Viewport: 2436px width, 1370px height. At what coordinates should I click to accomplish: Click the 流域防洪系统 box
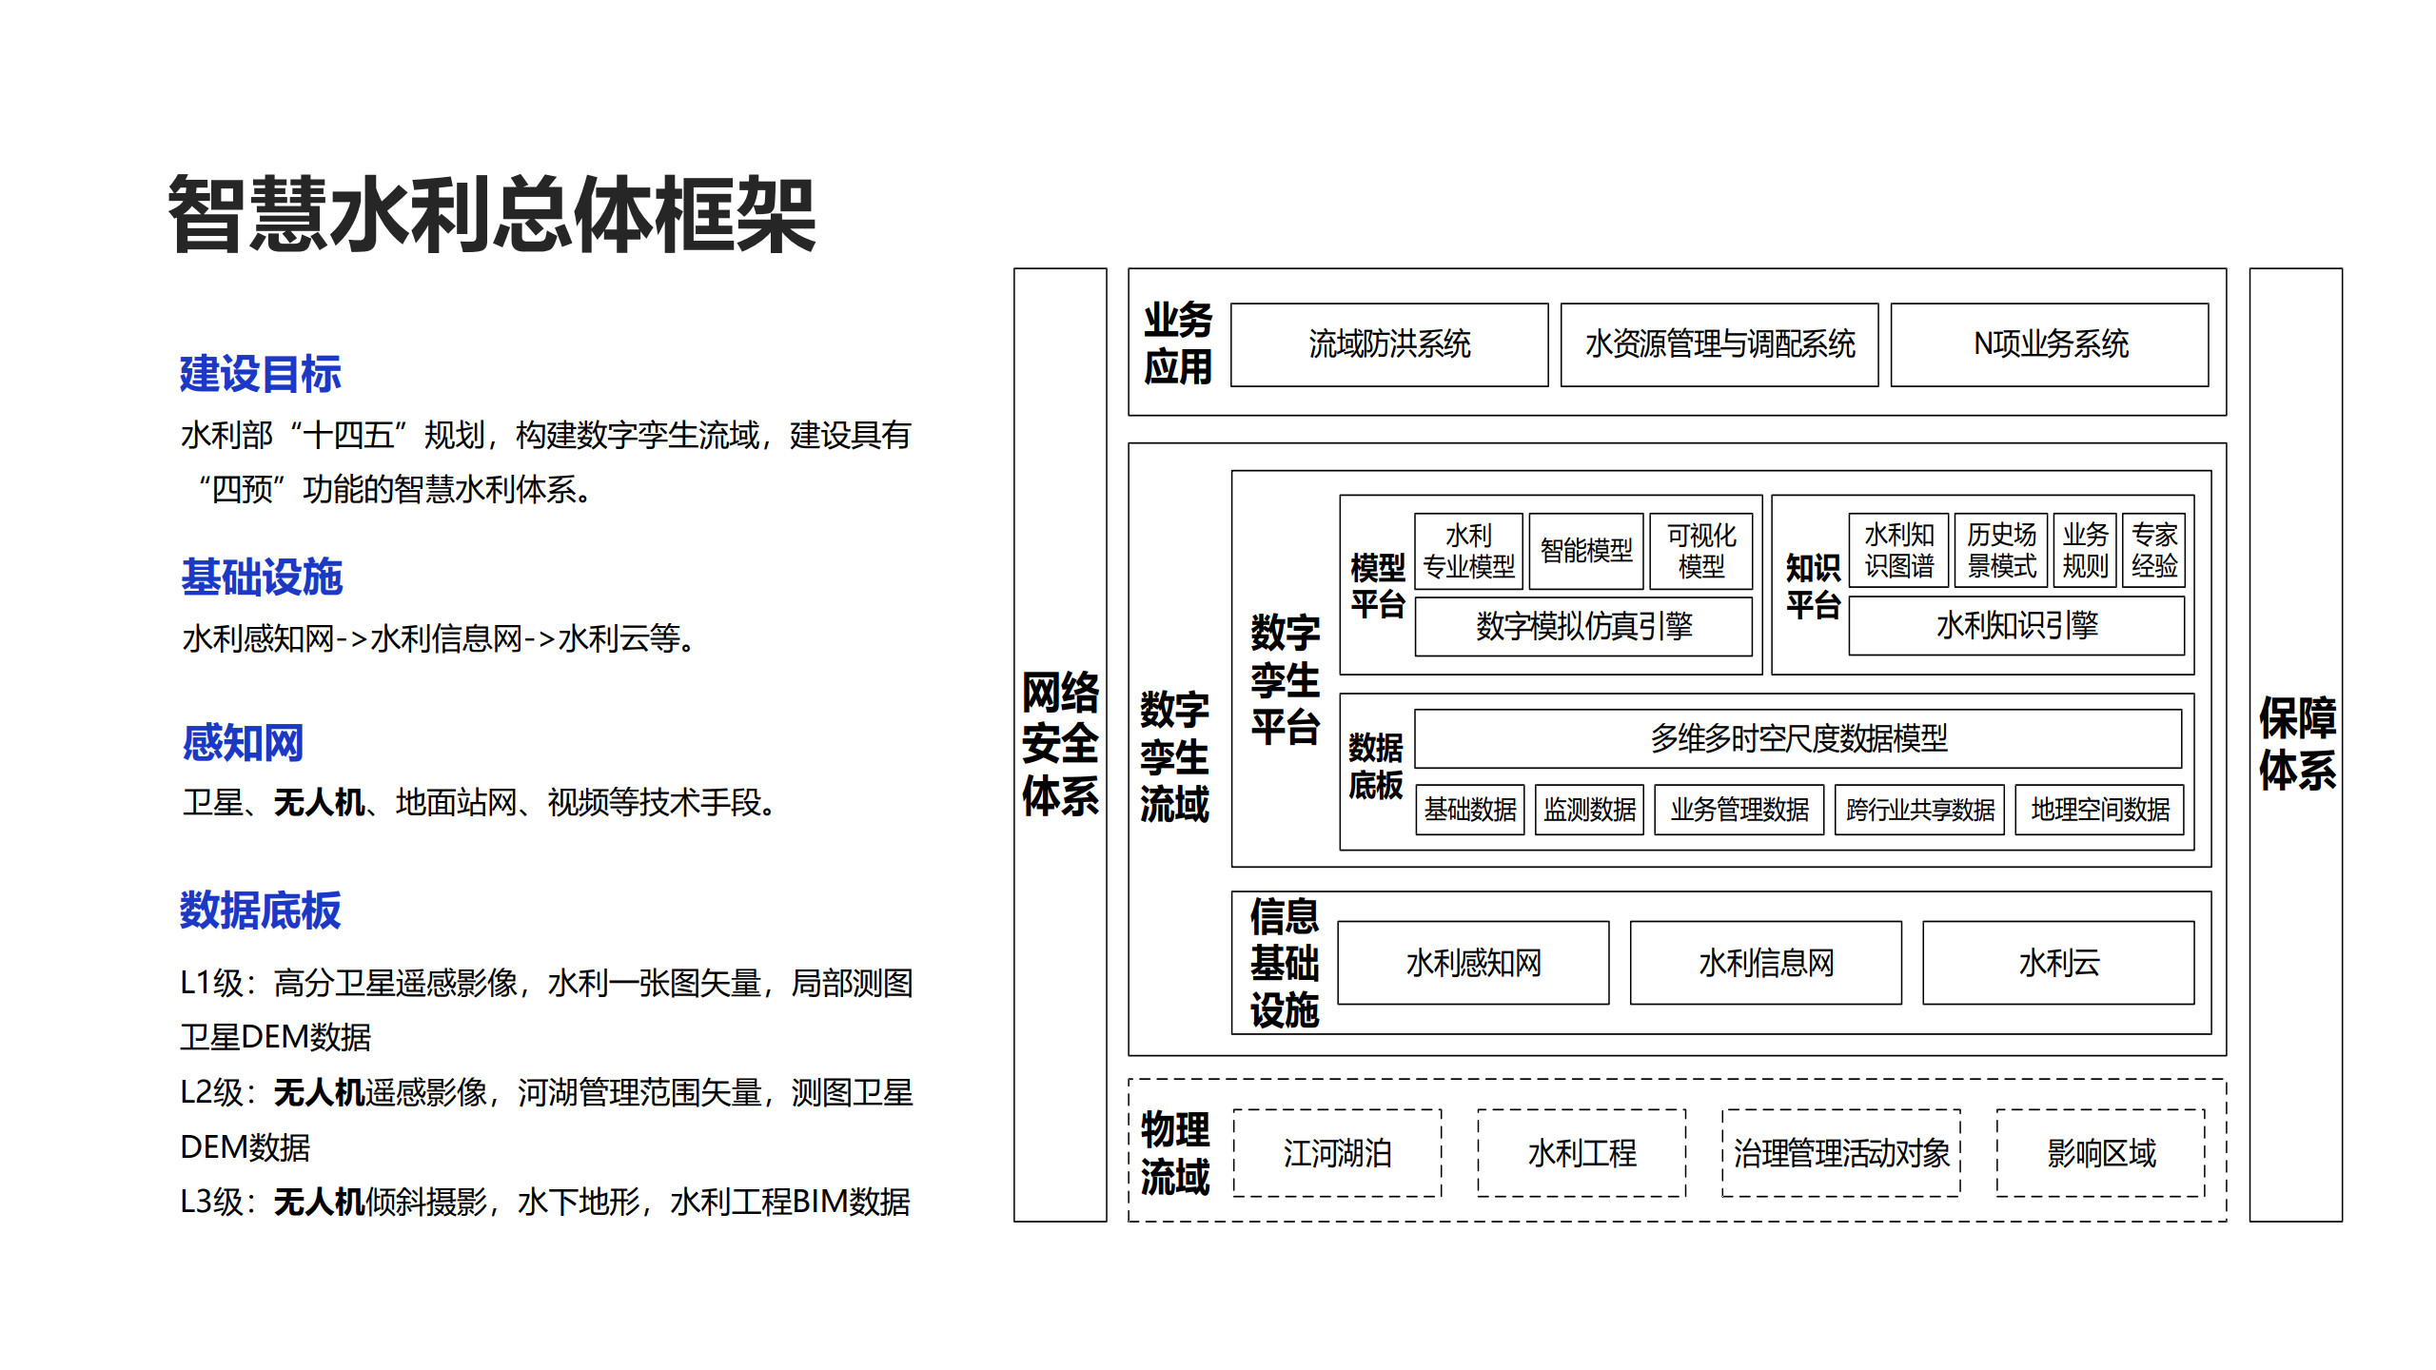pyautogui.click(x=1389, y=344)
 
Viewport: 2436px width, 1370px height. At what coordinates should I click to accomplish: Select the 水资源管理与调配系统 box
pyautogui.click(x=1719, y=344)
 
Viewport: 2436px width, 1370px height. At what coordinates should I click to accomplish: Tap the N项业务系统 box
pyautogui.click(x=2050, y=344)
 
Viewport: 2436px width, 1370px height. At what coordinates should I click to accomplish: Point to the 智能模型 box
pyautogui.click(x=1586, y=551)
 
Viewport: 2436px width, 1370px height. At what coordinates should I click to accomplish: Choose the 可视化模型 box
pyautogui.click(x=1701, y=551)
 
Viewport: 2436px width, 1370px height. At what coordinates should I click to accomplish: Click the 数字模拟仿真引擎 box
pyautogui.click(x=1583, y=626)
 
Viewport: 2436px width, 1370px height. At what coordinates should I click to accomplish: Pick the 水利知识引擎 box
pyautogui.click(x=2016, y=626)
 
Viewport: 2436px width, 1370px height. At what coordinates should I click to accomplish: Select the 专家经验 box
pyautogui.click(x=2153, y=551)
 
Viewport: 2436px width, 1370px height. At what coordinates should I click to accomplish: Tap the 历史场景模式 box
pyautogui.click(x=2001, y=551)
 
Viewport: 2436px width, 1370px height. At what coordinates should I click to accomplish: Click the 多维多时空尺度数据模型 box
pyautogui.click(x=1798, y=738)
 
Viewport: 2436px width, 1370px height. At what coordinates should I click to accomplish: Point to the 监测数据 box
pyautogui.click(x=1589, y=810)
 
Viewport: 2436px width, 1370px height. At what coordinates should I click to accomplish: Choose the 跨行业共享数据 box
pyautogui.click(x=1919, y=810)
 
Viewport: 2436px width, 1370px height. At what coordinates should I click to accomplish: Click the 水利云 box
pyautogui.click(x=2058, y=963)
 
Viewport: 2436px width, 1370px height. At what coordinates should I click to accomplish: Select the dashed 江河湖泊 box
pyautogui.click(x=1337, y=1153)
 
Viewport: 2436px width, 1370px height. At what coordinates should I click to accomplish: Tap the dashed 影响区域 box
pyautogui.click(x=2101, y=1153)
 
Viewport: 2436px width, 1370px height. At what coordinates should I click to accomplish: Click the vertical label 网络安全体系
pyautogui.click(x=1060, y=744)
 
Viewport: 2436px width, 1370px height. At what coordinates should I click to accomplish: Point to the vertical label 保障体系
pyautogui.click(x=2297, y=744)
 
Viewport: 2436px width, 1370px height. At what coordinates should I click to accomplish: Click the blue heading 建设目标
pyautogui.click(x=260, y=374)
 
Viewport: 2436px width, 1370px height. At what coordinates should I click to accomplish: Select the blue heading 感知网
pyautogui.click(x=243, y=743)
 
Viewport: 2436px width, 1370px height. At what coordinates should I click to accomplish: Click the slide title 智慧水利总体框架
pyautogui.click(x=492, y=215)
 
